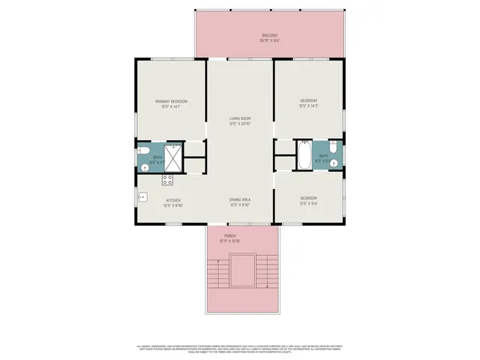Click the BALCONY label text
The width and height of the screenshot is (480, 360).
[270, 35]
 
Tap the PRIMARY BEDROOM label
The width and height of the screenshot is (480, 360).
[171, 101]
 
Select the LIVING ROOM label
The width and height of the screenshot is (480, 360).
[240, 118]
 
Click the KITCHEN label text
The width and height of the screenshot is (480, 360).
[173, 200]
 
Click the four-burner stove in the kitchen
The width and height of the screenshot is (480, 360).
[168, 179]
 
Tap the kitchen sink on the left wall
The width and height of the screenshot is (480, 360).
[141, 198]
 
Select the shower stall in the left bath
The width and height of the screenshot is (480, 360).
[173, 157]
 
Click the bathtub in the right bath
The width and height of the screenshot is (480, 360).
[304, 156]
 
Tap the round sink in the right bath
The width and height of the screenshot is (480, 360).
[337, 163]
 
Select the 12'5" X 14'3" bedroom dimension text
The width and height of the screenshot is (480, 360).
[309, 106]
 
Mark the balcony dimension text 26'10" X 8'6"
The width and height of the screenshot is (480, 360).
[270, 40]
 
